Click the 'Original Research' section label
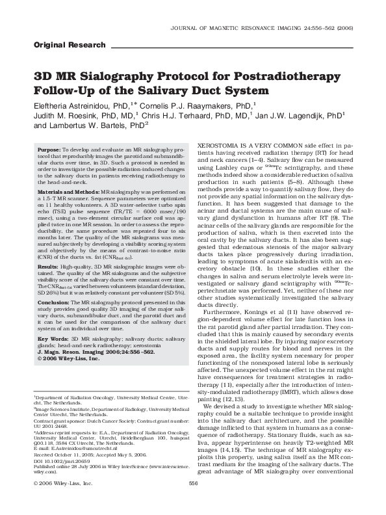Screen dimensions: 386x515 pyautogui.click(x=69, y=46)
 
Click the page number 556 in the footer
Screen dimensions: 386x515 pyautogui.click(x=192, y=501)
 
